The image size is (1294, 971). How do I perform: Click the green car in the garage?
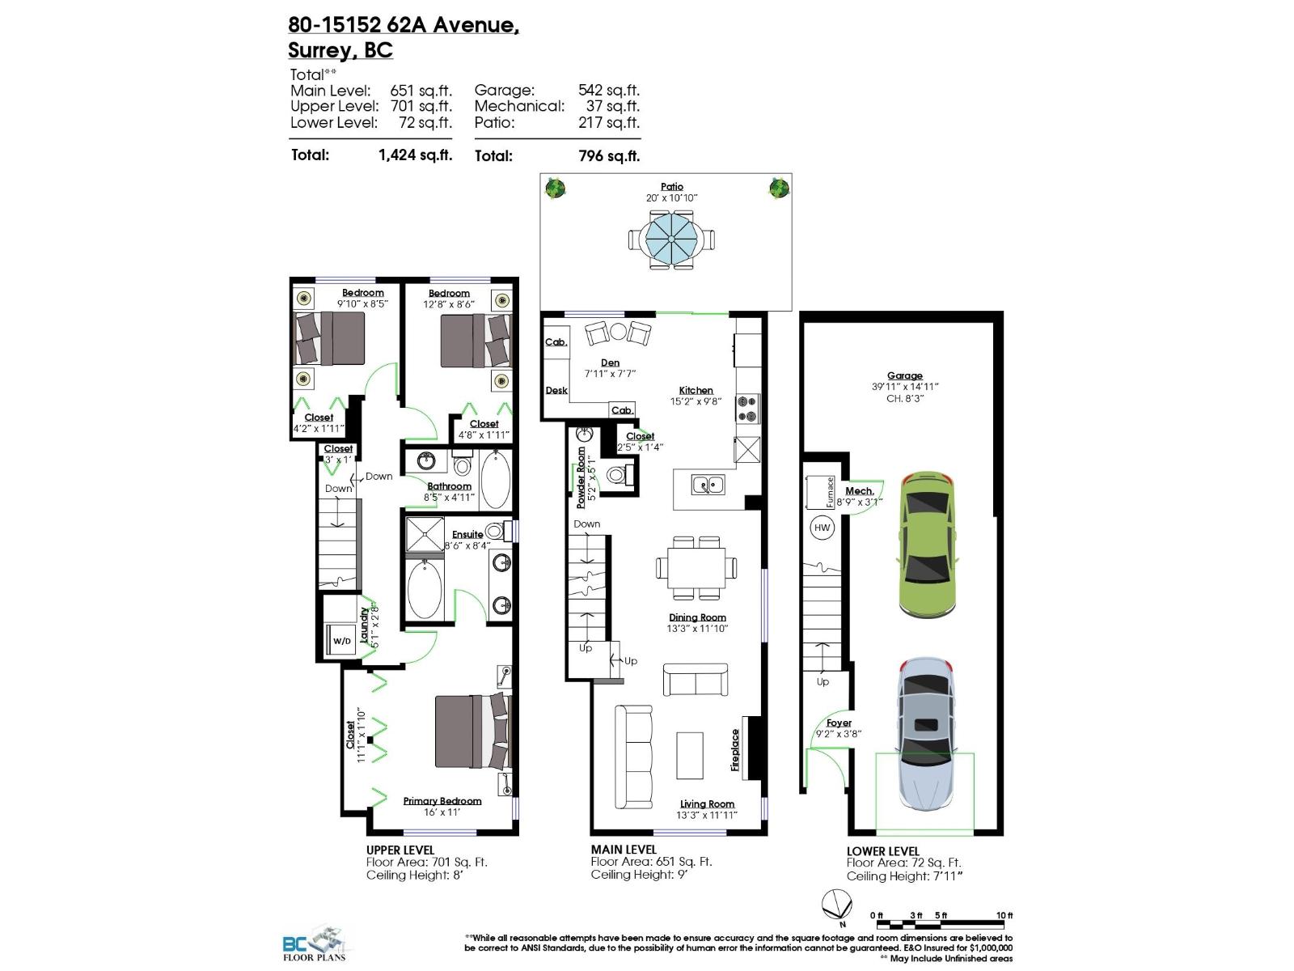pos(927,544)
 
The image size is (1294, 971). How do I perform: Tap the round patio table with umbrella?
pos(670,239)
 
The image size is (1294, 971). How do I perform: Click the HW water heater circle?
pos(822,528)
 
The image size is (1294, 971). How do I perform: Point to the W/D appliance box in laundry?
pos(342,640)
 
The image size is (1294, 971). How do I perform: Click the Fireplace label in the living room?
pos(736,749)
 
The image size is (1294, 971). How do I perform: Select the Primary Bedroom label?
pos(442,801)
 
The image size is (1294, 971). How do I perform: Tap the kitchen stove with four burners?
pos(747,409)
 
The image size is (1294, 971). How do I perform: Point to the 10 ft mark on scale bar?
pos(1004,915)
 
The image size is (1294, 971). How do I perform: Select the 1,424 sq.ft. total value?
pos(415,155)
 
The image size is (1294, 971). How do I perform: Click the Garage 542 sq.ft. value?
pos(608,91)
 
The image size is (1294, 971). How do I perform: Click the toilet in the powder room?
pos(617,475)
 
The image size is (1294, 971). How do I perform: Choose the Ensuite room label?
pos(467,534)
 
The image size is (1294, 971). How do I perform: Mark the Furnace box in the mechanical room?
pos(819,491)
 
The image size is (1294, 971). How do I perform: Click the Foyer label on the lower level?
pos(839,723)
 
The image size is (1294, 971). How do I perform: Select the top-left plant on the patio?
pos(555,189)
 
